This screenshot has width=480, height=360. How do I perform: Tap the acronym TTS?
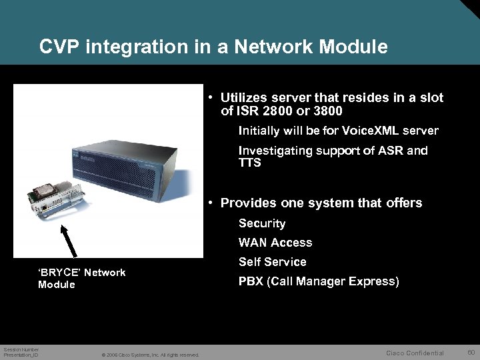coord(250,162)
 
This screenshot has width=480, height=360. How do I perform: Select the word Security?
coord(262,223)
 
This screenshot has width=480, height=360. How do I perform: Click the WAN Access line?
coord(275,243)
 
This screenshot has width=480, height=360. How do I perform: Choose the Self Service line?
coord(273,262)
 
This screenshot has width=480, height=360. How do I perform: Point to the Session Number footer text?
coord(21,350)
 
